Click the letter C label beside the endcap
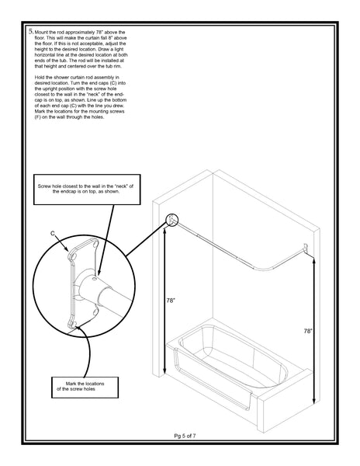52,232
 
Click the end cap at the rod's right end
308,248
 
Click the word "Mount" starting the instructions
43,33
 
